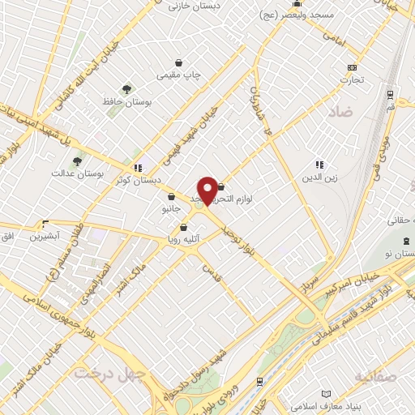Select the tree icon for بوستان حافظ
126,89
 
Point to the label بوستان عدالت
74,173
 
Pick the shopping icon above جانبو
171,195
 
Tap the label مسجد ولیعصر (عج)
291,15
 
